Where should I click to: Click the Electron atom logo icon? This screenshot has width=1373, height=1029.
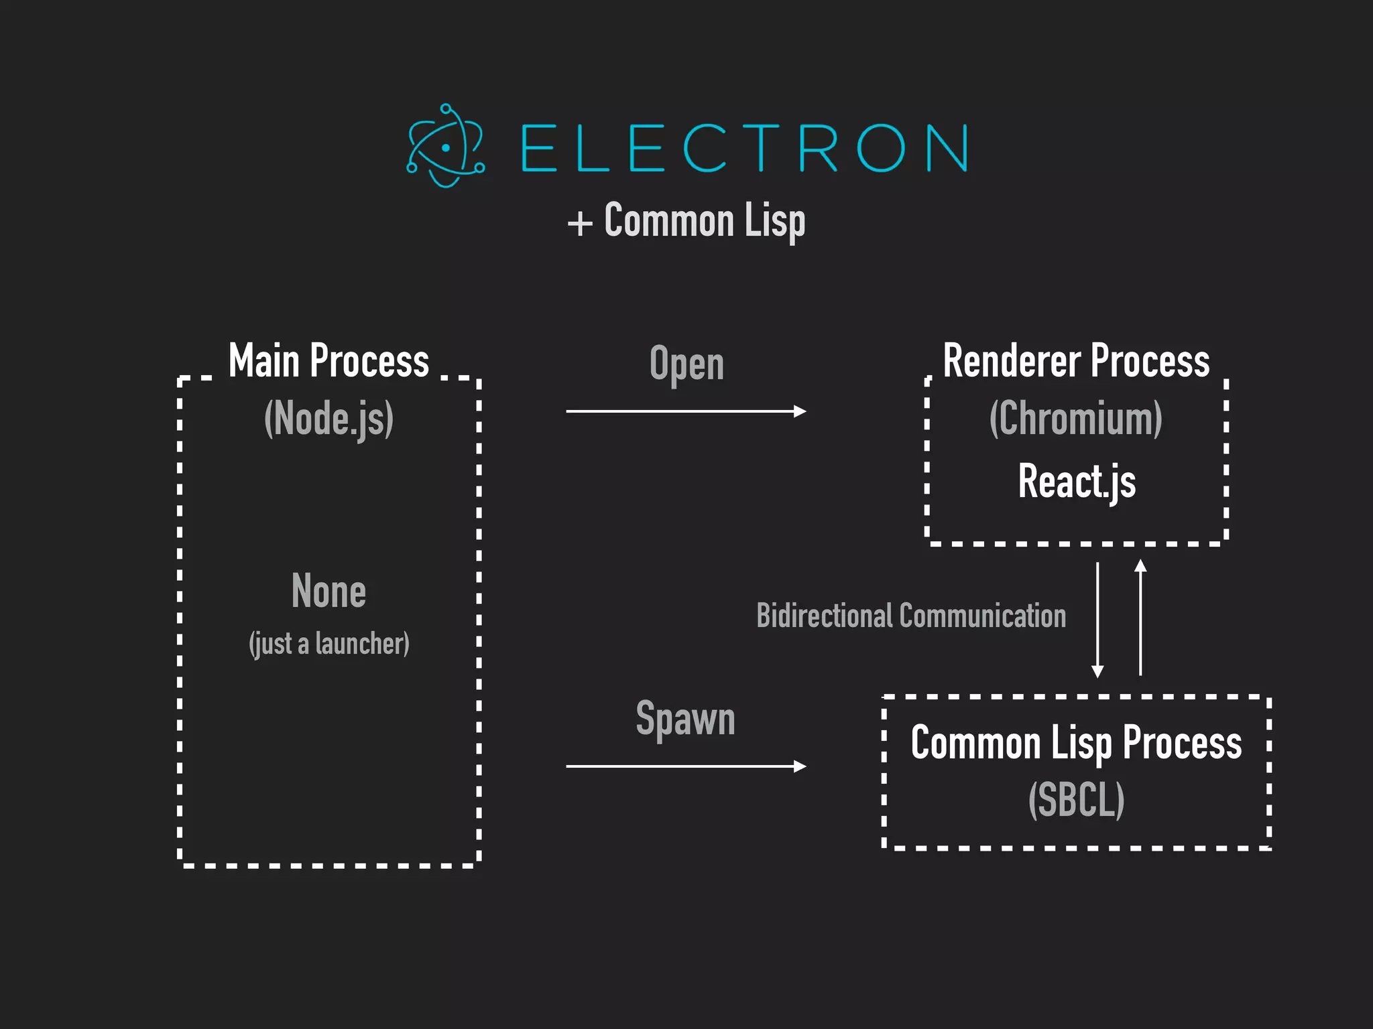[445, 146]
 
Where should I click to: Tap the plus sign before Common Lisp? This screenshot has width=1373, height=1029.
[580, 223]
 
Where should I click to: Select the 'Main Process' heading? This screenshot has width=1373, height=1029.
[329, 361]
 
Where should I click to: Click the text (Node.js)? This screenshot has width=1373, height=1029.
[329, 419]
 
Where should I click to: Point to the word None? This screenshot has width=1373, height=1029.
[329, 592]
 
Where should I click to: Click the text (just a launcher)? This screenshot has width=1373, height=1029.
[329, 644]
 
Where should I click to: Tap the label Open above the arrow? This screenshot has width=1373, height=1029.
[686, 364]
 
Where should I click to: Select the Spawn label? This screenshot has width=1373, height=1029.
[685, 719]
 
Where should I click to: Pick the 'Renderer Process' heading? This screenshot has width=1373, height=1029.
[1076, 361]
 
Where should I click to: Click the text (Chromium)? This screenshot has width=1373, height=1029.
[1076, 419]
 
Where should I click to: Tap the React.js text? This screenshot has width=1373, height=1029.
[1077, 481]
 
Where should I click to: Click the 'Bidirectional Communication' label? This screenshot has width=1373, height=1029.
[911, 616]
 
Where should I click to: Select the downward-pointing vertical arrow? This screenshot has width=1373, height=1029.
[1097, 620]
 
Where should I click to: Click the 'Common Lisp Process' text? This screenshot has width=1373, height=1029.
[1076, 743]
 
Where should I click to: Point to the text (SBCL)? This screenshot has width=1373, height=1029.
[1076, 799]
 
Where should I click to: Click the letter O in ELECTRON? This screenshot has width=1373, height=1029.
[880, 147]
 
